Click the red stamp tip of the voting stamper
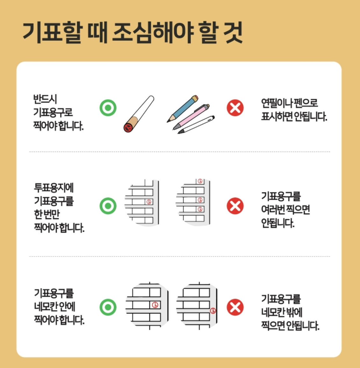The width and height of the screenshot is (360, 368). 128,128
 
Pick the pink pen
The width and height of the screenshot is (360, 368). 191,117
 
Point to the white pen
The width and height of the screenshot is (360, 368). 196,125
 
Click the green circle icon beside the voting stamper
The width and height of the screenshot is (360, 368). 108,108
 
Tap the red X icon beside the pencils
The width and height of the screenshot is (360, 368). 235,108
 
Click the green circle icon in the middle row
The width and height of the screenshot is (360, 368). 108,206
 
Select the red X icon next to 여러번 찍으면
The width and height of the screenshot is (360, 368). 235,206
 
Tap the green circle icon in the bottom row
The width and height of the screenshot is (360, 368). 108,307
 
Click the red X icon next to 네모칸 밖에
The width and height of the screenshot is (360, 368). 235,307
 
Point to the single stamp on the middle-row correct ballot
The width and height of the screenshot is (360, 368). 149,202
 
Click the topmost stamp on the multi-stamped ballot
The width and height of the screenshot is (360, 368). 200,181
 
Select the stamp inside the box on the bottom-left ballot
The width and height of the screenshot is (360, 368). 155,305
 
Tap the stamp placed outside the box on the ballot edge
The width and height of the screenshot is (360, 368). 213,311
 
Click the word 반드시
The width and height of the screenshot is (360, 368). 45,99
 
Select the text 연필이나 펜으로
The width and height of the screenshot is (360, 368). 289,103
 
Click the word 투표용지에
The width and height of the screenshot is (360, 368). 54,188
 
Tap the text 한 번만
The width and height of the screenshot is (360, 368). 47,214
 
